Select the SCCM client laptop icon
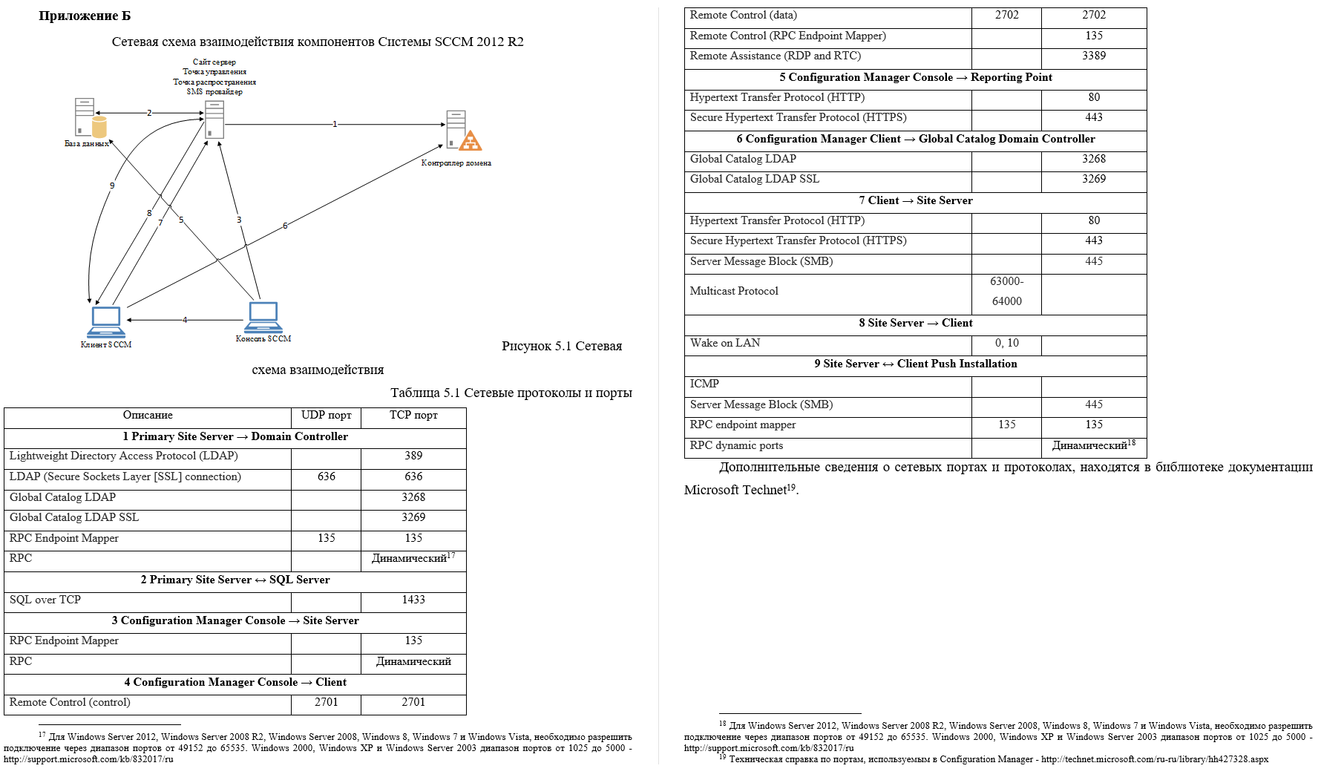pyautogui.click(x=105, y=322)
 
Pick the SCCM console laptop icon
pyautogui.click(x=263, y=317)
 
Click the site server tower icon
pyautogui.click(x=214, y=119)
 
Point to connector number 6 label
pyautogui.click(x=285, y=226)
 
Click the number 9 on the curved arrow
pyautogui.click(x=112, y=186)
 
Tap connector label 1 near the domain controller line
pyautogui.click(x=335, y=124)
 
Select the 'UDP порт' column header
pyautogui.click(x=326, y=416)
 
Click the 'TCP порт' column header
pyautogui.click(x=413, y=416)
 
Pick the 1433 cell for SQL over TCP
pyautogui.click(x=413, y=600)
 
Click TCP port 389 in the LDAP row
pyautogui.click(x=413, y=456)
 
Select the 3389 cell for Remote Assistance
pyautogui.click(x=1094, y=56)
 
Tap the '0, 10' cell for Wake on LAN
pyautogui.click(x=1006, y=344)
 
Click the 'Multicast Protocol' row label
pyautogui.click(x=734, y=292)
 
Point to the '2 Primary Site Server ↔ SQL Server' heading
pyautogui.click(x=235, y=580)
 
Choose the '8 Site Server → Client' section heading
pyautogui.click(x=915, y=324)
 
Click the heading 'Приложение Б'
pyautogui.click(x=85, y=16)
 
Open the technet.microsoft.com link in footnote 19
pyautogui.click(x=1154, y=759)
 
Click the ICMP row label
pyautogui.click(x=704, y=384)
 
